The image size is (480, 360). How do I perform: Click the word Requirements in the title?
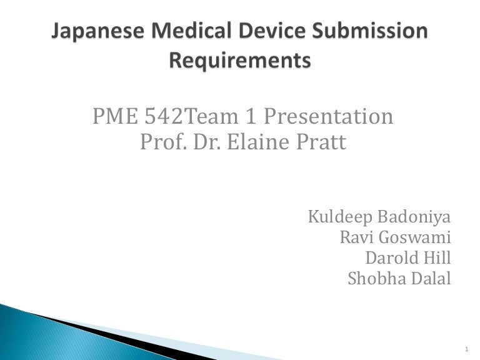pos(240,61)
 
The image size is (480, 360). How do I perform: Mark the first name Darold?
pos(392,258)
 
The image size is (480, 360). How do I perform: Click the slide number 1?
pos(467,349)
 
